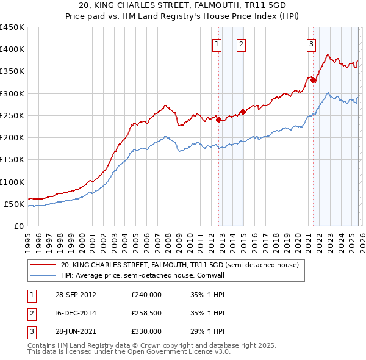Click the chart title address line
click(183, 5)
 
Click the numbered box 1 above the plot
click(217, 44)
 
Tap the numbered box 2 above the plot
click(241, 44)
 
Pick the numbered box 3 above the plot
click(311, 44)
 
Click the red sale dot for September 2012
click(218, 120)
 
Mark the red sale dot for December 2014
click(243, 112)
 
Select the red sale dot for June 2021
click(313, 80)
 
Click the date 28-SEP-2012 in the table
click(75, 294)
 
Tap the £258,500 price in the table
click(146, 313)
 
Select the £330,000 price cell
click(146, 331)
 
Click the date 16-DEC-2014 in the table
click(75, 313)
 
